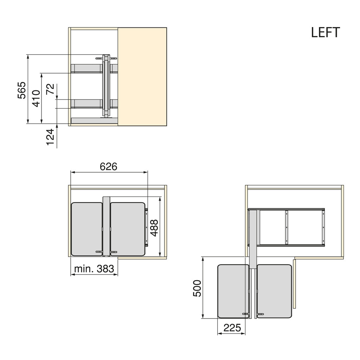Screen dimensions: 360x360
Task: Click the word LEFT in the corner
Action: point(325,32)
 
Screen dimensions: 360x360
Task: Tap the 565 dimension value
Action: point(22,90)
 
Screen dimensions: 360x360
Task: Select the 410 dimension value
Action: point(36,98)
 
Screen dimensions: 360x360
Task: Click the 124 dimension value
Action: point(51,137)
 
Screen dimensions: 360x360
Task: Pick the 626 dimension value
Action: point(108,167)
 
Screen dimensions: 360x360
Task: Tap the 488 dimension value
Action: point(154,228)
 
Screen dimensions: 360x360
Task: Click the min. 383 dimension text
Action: point(94,269)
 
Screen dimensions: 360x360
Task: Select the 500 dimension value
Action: point(197,288)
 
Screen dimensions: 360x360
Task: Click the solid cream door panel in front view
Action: point(142,76)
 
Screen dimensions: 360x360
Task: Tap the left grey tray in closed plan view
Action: point(87,229)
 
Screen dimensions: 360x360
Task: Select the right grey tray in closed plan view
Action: point(128,229)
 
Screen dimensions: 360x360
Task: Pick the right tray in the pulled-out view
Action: point(274,291)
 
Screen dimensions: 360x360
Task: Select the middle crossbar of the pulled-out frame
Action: point(287,227)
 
